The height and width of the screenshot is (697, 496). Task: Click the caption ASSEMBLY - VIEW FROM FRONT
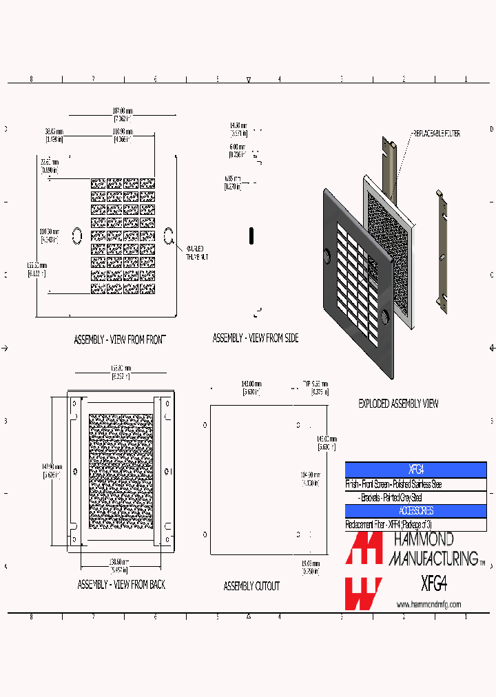click(x=120, y=340)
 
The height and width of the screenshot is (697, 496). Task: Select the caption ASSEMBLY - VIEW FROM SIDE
click(x=256, y=338)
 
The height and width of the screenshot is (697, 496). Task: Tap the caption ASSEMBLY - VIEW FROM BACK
click(x=121, y=585)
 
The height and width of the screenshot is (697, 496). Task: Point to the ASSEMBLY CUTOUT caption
click(x=251, y=586)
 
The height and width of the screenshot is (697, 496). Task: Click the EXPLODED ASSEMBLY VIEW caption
click(x=398, y=404)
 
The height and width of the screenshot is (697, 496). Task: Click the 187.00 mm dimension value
click(x=122, y=111)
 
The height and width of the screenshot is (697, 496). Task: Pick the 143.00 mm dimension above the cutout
click(x=251, y=384)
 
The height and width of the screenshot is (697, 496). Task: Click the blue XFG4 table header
click(x=415, y=470)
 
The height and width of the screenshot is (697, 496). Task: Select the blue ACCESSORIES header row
click(x=415, y=511)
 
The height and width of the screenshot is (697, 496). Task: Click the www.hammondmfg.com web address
click(x=428, y=605)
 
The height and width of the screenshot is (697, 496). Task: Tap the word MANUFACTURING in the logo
click(x=433, y=558)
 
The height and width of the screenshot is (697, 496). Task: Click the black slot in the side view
click(x=252, y=236)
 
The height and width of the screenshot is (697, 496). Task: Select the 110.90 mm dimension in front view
click(x=123, y=131)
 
